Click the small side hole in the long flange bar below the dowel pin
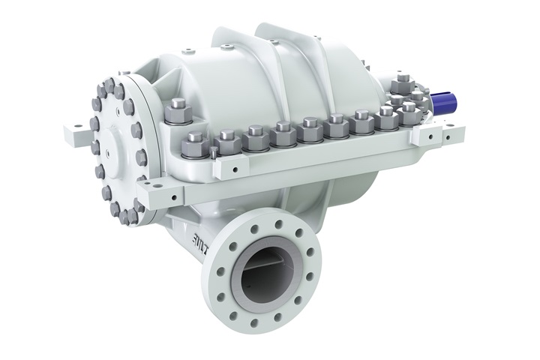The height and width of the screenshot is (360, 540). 218,171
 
